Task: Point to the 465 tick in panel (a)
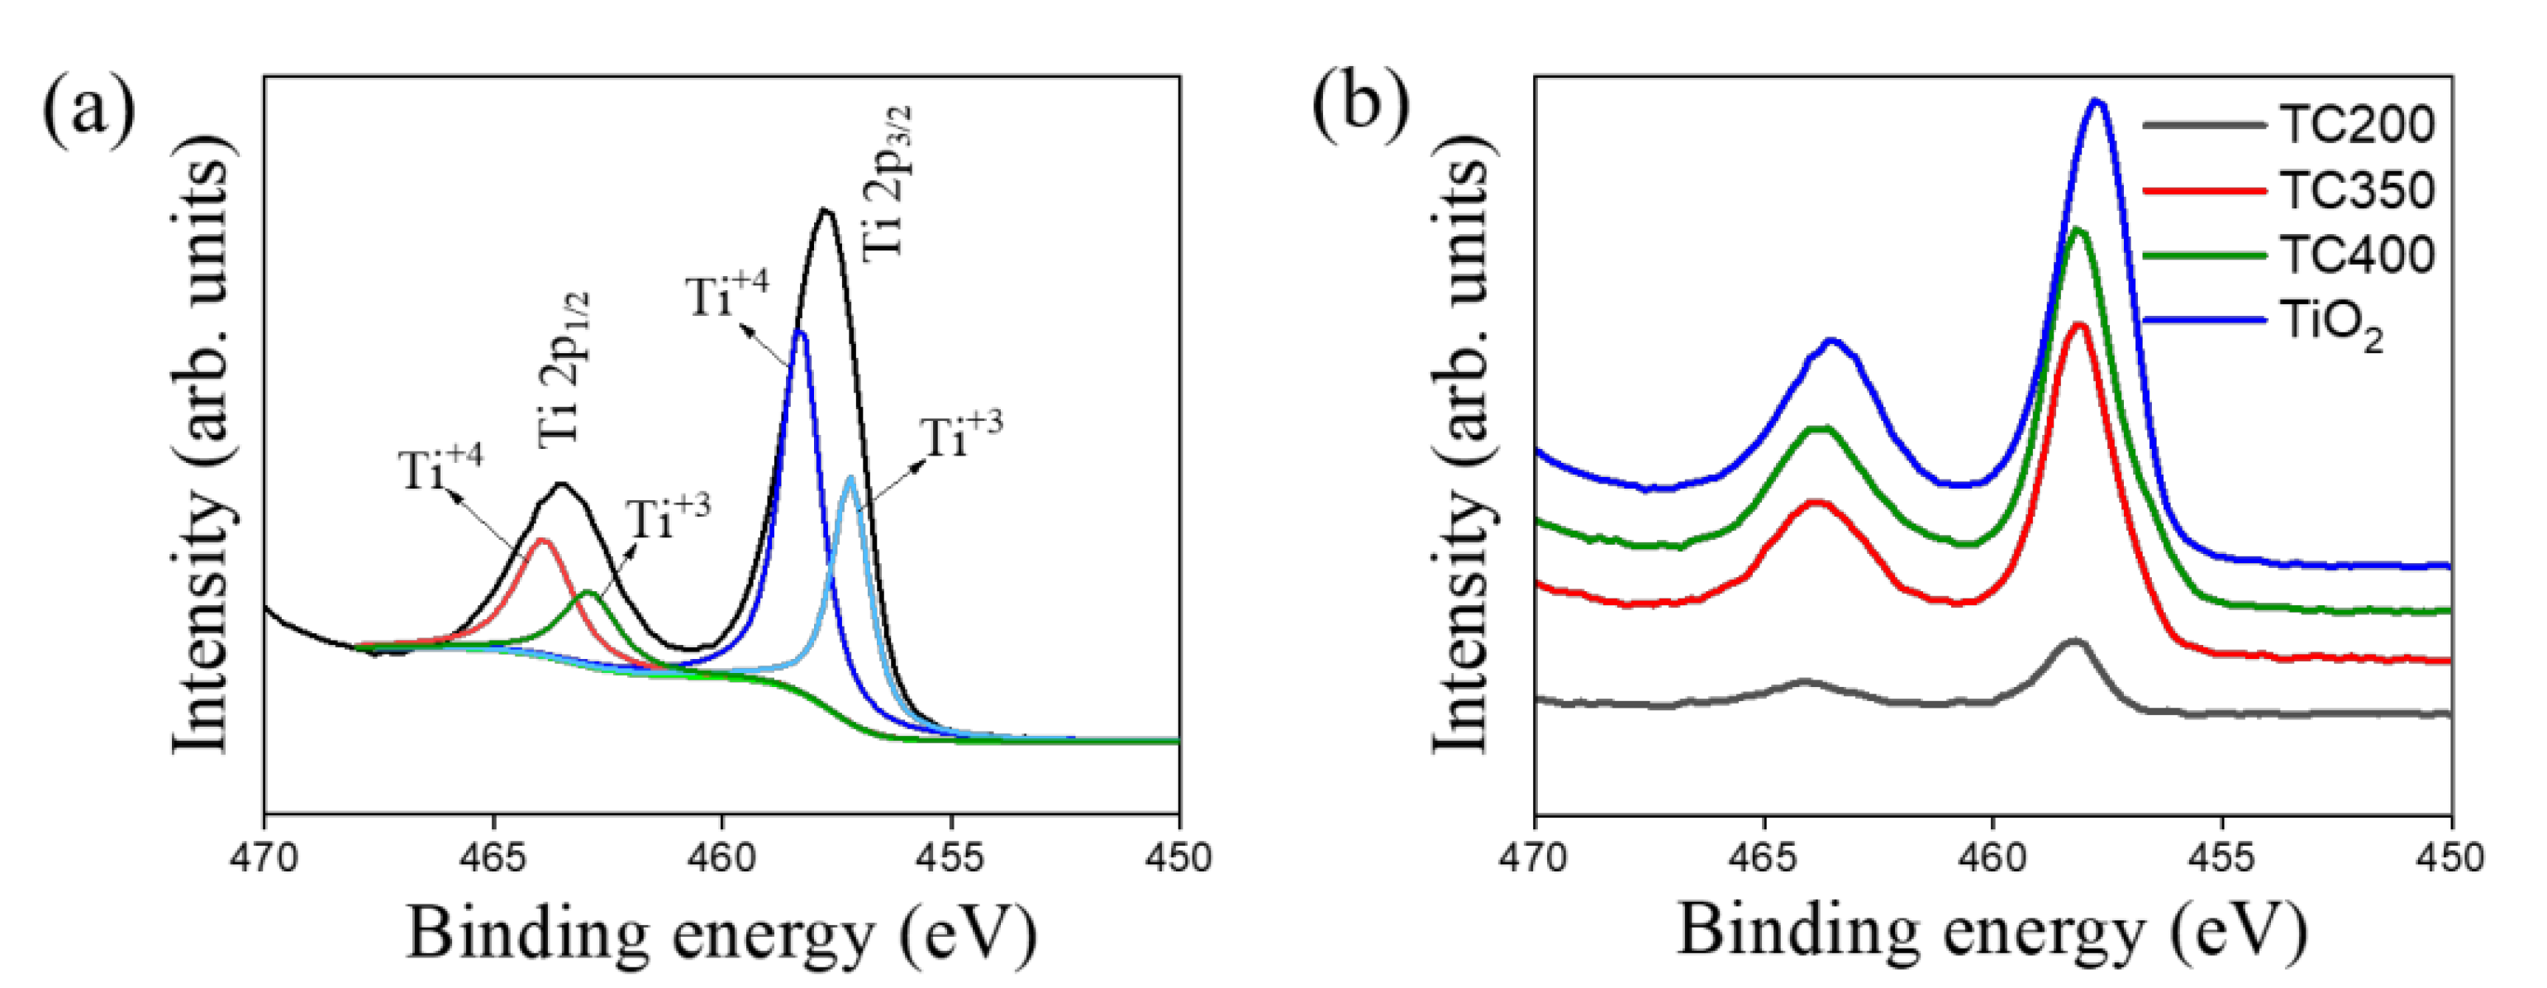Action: coord(493,857)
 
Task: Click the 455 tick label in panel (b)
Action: coord(2221,857)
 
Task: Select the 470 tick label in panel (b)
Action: coord(1535,857)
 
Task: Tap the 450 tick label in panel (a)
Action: coord(1178,857)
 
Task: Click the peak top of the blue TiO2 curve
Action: coord(2096,102)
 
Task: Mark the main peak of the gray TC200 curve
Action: coord(2073,642)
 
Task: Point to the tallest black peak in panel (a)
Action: coord(826,210)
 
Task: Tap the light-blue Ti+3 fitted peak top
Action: coord(850,479)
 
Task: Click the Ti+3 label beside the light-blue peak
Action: coord(960,435)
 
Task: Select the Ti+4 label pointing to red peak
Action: coord(440,469)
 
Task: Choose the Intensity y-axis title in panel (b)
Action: coord(1461,455)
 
